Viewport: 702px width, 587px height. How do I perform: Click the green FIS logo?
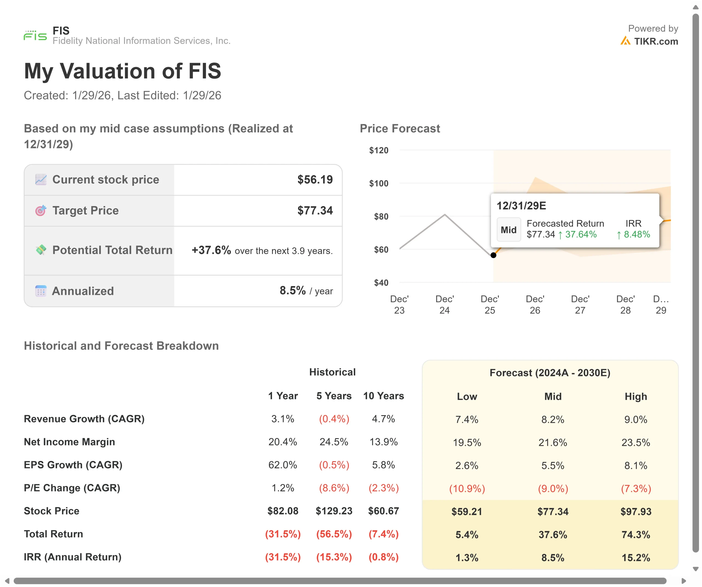coord(35,35)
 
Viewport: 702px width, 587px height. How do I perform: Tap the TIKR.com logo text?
coord(656,41)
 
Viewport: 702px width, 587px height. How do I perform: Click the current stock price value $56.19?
coord(315,180)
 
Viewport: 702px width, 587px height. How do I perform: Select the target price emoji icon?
coord(41,210)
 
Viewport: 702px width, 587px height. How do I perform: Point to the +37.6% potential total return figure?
coord(211,250)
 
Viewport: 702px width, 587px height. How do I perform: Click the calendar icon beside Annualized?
coord(41,291)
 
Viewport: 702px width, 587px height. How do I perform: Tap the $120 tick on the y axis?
coord(378,150)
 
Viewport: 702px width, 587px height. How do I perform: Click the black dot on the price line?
coord(493,255)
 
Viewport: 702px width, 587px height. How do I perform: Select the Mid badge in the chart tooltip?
coord(508,230)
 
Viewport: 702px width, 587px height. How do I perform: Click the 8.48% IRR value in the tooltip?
coord(636,235)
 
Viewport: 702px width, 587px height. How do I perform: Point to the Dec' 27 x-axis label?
coord(580,304)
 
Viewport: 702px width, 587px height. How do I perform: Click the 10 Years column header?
coord(383,396)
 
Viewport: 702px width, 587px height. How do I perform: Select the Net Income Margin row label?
coord(69,442)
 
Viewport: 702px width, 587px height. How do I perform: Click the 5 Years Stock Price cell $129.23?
coord(334,511)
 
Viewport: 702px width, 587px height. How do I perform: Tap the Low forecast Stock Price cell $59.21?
coord(467,511)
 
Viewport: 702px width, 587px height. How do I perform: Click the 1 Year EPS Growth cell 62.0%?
coord(282,465)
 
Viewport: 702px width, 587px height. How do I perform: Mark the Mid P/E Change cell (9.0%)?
coord(553,488)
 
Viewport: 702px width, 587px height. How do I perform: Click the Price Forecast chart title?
coord(400,129)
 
